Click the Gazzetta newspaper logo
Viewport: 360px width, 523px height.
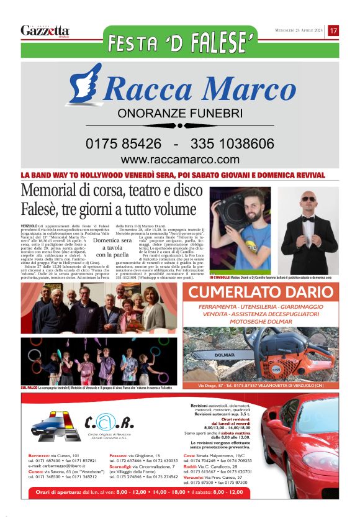tap(45, 30)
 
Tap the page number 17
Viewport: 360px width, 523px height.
tap(333, 30)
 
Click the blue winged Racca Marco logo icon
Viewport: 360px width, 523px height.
tap(84, 86)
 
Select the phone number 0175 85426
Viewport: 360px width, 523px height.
tap(124, 143)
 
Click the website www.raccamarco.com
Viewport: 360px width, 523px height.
tap(180, 160)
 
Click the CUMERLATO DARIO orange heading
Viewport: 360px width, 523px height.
tap(261, 293)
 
